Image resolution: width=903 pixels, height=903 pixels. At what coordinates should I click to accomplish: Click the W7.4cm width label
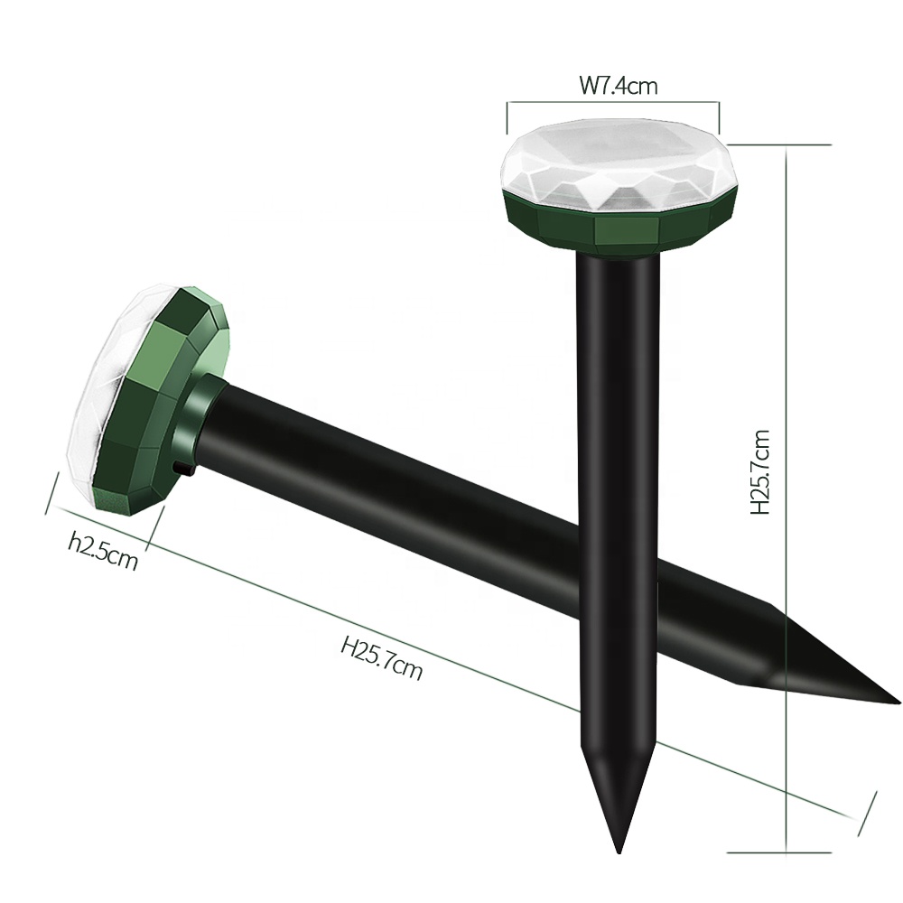pos(618,86)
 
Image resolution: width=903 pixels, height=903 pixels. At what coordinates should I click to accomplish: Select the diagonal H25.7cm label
pos(381,656)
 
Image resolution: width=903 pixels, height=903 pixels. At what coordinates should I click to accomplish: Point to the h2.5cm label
pos(103,551)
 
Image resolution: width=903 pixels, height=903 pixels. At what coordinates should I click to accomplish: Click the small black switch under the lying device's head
pos(183,469)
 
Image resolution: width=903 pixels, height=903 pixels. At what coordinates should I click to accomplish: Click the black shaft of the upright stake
pos(619,497)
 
